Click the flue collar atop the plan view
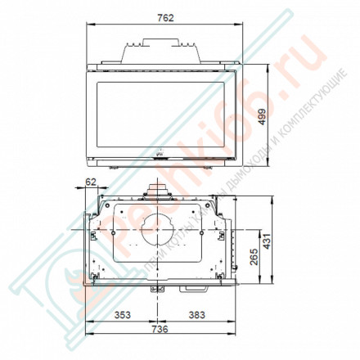(158, 191)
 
